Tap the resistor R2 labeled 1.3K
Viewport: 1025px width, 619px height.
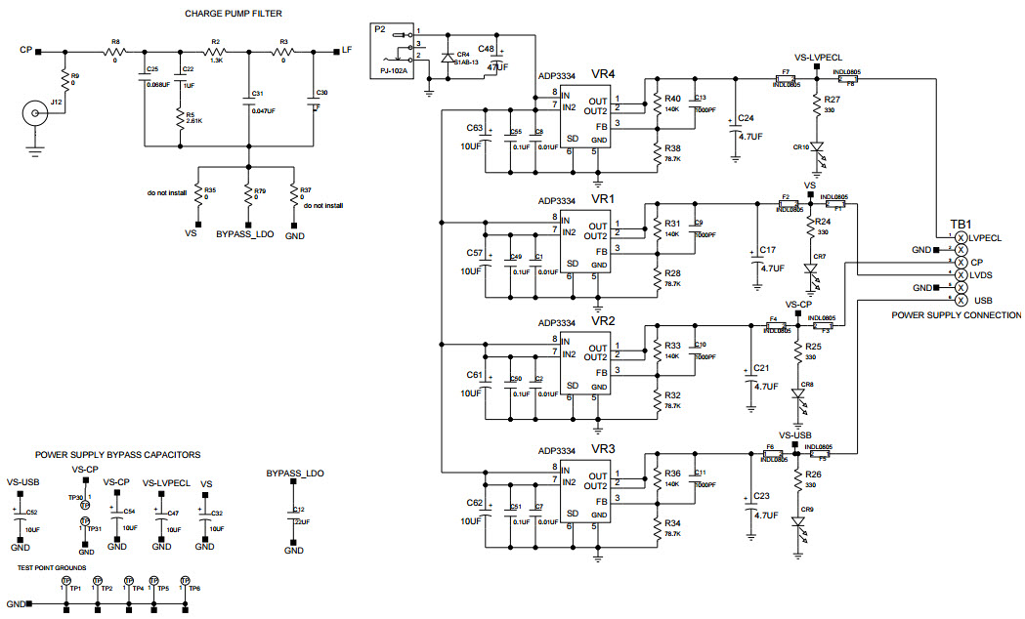coord(216,52)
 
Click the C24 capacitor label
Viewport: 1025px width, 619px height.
coord(746,118)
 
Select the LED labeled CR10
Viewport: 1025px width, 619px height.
coord(818,147)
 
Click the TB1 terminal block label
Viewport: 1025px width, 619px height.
coord(960,223)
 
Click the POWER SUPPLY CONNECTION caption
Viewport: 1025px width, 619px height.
coord(957,315)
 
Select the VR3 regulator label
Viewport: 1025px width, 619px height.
coord(604,448)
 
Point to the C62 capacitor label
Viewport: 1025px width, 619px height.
coord(475,503)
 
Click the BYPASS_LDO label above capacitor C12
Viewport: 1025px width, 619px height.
coord(294,474)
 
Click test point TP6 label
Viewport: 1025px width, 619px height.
coord(194,589)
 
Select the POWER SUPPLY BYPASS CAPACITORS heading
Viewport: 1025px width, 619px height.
coord(117,455)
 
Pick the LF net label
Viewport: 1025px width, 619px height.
coord(347,50)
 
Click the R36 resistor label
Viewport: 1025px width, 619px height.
coord(672,474)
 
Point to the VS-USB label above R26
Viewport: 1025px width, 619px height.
coord(795,435)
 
